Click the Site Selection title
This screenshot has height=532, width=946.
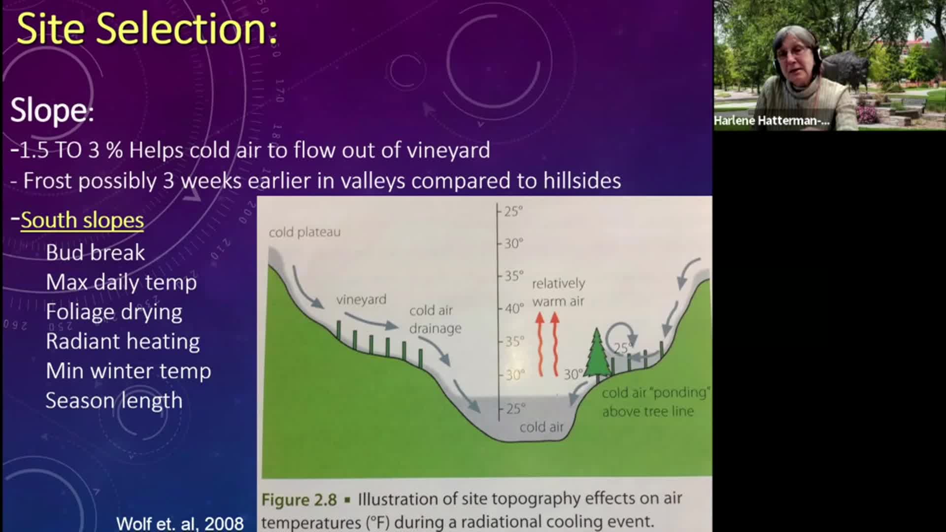click(x=147, y=29)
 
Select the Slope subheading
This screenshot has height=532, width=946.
click(x=52, y=109)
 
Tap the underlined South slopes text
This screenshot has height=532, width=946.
click(x=82, y=220)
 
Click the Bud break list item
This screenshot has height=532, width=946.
click(x=95, y=252)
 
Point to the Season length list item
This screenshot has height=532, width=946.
click(x=114, y=400)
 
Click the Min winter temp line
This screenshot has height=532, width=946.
click(x=128, y=371)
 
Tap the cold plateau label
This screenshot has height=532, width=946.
click(x=304, y=232)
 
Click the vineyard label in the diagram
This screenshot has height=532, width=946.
click(x=361, y=299)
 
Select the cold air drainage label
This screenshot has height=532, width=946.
click(x=435, y=319)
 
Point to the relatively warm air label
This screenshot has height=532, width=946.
click(x=558, y=292)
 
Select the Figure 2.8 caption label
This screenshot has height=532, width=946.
click(x=299, y=499)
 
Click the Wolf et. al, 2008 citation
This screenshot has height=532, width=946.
click(x=180, y=523)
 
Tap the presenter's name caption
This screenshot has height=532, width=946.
click(x=772, y=121)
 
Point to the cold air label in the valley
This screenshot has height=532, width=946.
click(x=541, y=427)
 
